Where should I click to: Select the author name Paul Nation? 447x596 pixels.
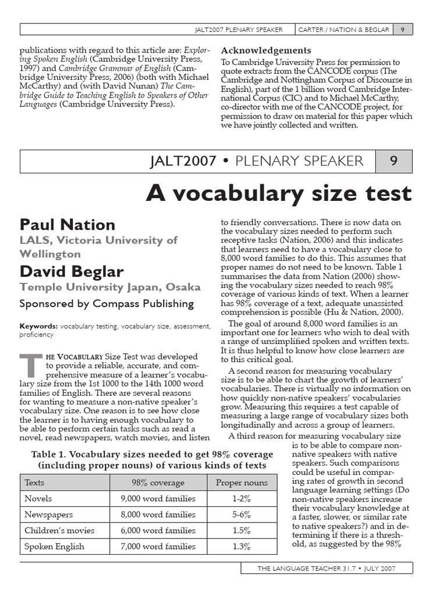click(68, 225)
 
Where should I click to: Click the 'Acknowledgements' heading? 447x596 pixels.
click(267, 51)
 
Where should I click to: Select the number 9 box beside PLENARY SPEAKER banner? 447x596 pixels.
click(393, 161)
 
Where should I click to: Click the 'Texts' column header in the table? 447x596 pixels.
click(34, 483)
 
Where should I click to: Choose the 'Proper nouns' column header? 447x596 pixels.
click(242, 483)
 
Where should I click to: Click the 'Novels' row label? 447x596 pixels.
click(38, 498)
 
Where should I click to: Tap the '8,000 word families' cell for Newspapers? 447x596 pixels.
click(158, 515)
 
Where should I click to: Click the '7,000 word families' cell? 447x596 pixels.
click(158, 546)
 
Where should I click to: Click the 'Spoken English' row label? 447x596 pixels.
click(54, 546)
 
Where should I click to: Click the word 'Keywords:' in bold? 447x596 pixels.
click(38, 327)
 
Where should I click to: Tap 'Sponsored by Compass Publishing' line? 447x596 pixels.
click(107, 304)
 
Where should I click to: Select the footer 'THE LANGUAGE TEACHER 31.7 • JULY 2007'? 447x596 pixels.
click(327, 568)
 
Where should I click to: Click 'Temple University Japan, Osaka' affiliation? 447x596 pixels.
click(110, 287)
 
